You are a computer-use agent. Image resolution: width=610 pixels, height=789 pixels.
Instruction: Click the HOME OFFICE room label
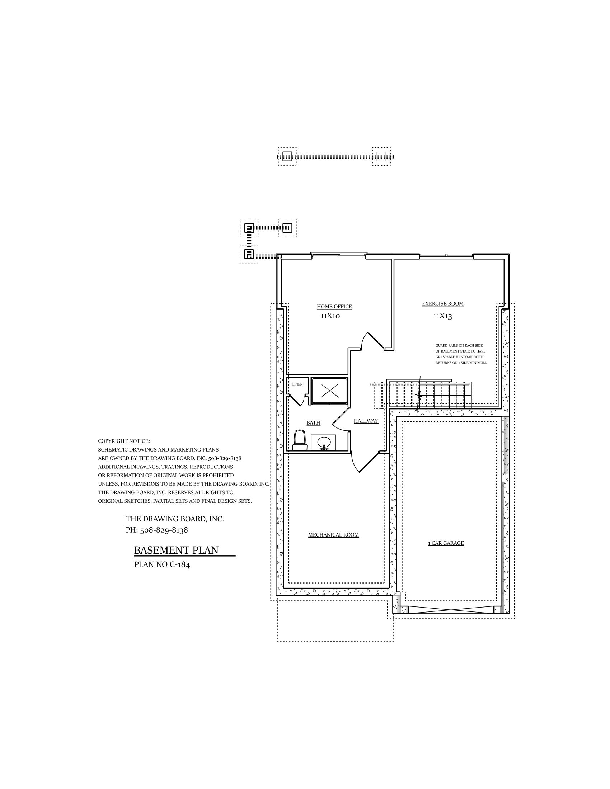(334, 307)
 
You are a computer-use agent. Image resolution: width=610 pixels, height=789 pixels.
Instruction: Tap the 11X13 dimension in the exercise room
(442, 316)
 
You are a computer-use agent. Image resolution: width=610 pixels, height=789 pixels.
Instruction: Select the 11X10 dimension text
(330, 316)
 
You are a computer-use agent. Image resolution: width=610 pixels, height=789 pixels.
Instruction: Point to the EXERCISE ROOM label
(442, 304)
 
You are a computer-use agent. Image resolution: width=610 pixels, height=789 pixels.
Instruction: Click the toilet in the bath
(300, 440)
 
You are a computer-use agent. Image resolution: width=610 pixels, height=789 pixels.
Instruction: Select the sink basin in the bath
(324, 442)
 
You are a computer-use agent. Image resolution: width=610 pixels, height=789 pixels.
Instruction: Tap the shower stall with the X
(329, 391)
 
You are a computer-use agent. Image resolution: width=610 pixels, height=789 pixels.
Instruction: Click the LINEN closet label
(297, 384)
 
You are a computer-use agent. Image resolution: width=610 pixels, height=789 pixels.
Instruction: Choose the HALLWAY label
(366, 421)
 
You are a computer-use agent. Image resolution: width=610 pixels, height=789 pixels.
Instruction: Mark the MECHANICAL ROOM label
(333, 535)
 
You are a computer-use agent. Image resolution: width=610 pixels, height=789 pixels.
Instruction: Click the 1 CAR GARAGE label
(446, 543)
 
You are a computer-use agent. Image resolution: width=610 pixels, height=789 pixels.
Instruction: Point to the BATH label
(313, 423)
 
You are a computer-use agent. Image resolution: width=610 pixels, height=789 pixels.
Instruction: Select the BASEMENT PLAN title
(176, 550)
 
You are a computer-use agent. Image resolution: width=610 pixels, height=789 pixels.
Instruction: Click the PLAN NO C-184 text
(162, 564)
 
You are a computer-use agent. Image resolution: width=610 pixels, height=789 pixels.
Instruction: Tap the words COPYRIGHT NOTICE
(123, 441)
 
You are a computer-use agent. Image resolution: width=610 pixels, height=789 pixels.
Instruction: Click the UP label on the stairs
(463, 392)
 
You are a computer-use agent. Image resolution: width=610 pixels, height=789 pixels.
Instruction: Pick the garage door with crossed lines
(451, 610)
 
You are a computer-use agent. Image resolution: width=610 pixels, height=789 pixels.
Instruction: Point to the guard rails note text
(461, 354)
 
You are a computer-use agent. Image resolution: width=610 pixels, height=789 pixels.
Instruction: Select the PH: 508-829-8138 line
(156, 530)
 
